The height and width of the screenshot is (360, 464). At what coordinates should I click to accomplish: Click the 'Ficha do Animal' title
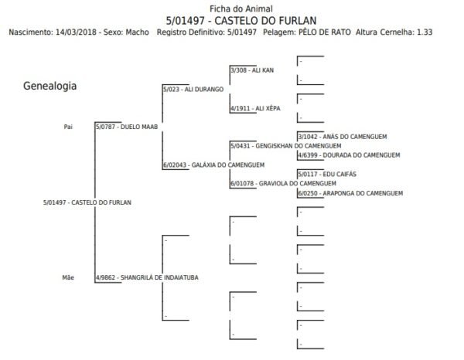(241, 8)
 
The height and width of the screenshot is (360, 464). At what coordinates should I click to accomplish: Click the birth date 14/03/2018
(76, 32)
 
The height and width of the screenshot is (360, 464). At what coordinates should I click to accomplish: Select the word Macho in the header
(138, 32)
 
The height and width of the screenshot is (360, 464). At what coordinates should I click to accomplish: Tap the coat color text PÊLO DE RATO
(324, 32)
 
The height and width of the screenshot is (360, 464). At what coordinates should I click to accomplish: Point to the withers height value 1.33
(425, 32)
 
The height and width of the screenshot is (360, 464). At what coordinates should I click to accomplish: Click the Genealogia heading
(49, 86)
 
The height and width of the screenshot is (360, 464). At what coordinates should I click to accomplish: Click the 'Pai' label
(68, 127)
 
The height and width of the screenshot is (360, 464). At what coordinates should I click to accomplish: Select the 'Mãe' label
(68, 277)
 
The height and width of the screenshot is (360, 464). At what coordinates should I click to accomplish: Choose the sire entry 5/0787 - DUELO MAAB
(127, 127)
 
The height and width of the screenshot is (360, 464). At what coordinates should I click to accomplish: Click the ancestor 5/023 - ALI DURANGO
(193, 90)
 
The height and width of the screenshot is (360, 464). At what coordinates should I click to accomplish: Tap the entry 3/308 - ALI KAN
(252, 70)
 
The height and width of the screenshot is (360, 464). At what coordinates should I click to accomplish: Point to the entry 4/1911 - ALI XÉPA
(255, 108)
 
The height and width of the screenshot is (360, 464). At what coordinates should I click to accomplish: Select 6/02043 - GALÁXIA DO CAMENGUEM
(214, 165)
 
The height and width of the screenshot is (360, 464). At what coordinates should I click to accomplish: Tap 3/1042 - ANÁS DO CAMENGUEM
(343, 137)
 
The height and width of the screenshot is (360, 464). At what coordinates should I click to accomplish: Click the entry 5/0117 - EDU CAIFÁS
(327, 174)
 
